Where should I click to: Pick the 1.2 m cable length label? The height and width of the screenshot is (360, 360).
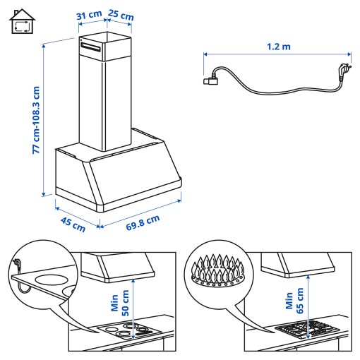(278, 47)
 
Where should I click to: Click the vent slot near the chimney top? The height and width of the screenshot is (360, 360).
(92, 46)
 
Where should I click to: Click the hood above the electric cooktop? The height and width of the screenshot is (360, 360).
(118, 266)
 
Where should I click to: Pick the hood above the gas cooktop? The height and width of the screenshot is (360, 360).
(299, 265)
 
